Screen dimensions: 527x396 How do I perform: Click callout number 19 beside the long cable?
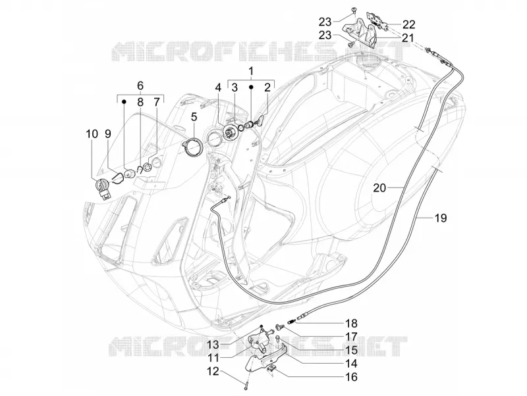click(441, 218)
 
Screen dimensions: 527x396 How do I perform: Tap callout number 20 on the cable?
click(380, 188)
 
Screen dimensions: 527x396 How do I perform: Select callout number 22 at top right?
click(408, 24)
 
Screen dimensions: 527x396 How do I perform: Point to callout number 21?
click(408, 38)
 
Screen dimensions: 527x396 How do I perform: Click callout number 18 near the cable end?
click(351, 324)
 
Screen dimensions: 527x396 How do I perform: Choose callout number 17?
click(351, 337)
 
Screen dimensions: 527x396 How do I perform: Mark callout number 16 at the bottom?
click(351, 377)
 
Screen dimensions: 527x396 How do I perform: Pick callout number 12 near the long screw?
click(213, 372)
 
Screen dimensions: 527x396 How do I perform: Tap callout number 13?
click(213, 345)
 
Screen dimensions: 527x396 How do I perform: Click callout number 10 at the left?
click(92, 134)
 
